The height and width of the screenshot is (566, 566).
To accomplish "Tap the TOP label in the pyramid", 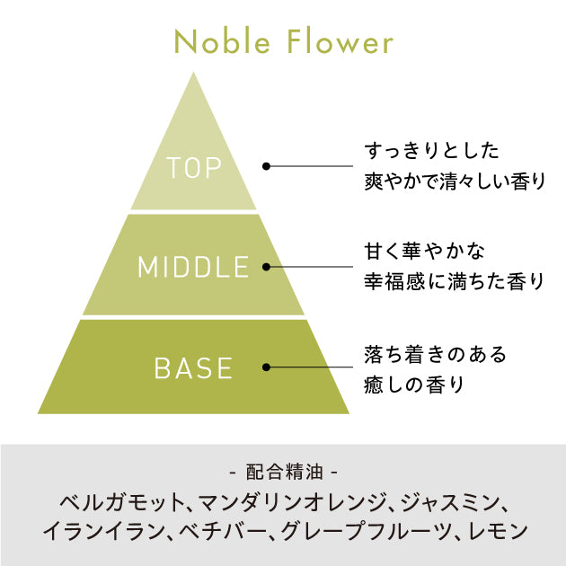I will point(193,168).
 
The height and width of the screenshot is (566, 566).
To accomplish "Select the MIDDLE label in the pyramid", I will point(193,267).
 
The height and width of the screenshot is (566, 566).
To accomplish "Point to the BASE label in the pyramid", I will point(193,367).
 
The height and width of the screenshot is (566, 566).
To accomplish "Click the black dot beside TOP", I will point(267,166).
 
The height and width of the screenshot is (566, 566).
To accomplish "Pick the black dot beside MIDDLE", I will point(267,266).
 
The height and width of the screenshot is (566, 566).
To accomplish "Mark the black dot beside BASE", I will point(267,367).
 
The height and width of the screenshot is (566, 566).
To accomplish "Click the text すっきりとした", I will point(431,149).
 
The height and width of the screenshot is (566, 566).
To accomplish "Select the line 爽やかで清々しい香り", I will point(454,181).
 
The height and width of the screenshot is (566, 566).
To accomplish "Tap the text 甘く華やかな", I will point(418,250).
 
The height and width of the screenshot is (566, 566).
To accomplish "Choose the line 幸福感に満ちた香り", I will point(454,281).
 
